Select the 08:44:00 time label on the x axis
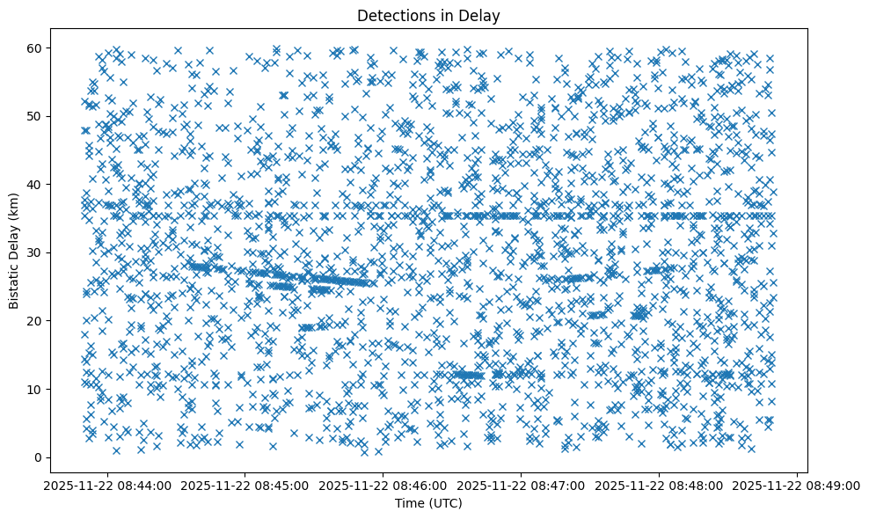click(x=107, y=485)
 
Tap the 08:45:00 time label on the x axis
click(x=245, y=485)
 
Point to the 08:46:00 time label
click(x=383, y=485)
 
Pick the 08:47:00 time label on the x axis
click(x=522, y=485)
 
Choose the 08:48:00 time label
click(x=660, y=485)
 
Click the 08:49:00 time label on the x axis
click(x=797, y=485)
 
